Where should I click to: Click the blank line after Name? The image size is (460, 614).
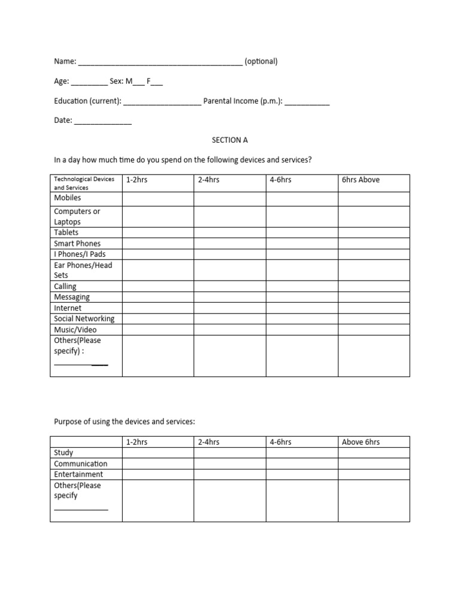[160, 62]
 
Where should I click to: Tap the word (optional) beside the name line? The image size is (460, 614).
[261, 61]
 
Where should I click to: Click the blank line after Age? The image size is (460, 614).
[89, 83]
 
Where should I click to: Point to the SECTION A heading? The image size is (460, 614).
[229, 140]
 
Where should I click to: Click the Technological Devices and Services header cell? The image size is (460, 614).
[86, 183]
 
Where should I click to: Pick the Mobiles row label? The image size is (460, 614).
[68, 198]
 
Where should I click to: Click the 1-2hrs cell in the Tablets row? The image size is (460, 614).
[158, 233]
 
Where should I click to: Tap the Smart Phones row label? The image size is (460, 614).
[77, 243]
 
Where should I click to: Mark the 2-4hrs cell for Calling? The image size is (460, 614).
[229, 287]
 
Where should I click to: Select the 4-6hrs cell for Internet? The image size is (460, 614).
[302, 308]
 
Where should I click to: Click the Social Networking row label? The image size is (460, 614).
[84, 319]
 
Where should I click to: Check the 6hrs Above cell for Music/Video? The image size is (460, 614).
[374, 330]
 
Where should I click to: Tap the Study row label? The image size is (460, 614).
[63, 453]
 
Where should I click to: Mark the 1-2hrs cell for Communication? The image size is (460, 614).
[158, 463]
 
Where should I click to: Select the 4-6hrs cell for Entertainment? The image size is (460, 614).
[302, 474]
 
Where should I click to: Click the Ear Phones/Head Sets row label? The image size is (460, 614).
[83, 270]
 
